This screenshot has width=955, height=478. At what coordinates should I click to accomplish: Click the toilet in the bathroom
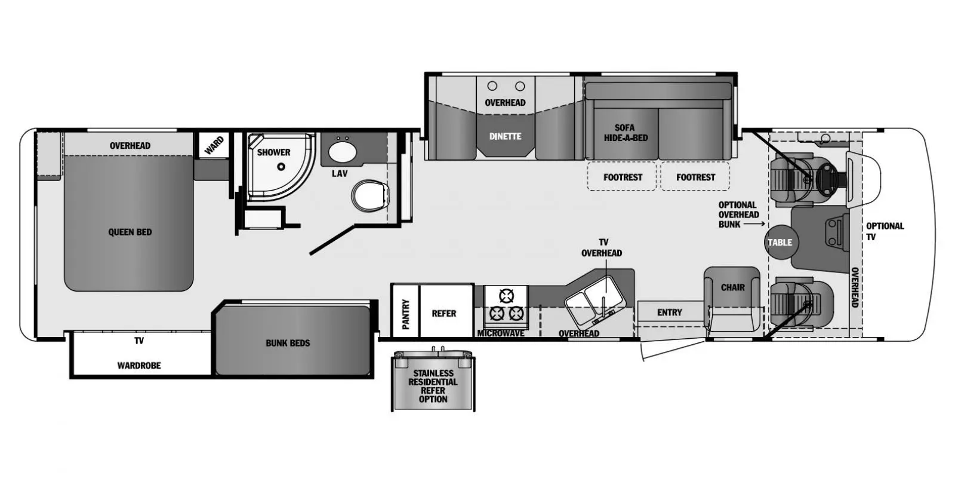[x=370, y=196]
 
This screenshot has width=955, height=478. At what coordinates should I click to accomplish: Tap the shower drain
[x=281, y=167]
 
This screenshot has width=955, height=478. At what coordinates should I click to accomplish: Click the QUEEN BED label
[x=130, y=232]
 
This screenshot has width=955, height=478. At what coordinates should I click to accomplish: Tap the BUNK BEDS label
[x=288, y=343]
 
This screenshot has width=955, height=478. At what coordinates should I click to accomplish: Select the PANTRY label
[x=405, y=314]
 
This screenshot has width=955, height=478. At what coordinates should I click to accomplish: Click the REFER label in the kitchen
[x=444, y=314]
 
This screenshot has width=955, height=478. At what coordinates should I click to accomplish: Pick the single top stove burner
[x=507, y=296]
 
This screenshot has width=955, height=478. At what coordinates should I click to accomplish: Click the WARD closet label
[x=214, y=146]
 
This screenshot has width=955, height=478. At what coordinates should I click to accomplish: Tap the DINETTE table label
[x=505, y=137]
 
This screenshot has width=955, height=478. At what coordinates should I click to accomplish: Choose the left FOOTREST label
[x=623, y=177]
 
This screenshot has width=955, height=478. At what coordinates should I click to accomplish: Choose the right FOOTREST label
[x=696, y=177]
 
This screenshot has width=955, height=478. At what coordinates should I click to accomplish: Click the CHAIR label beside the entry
[x=733, y=287]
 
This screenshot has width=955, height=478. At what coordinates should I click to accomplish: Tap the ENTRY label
[x=669, y=313]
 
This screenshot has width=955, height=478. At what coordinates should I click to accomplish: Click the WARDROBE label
[x=139, y=366]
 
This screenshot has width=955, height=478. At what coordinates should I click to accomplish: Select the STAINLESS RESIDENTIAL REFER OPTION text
[x=433, y=386]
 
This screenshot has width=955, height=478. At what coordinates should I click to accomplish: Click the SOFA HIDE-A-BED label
[x=626, y=133]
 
